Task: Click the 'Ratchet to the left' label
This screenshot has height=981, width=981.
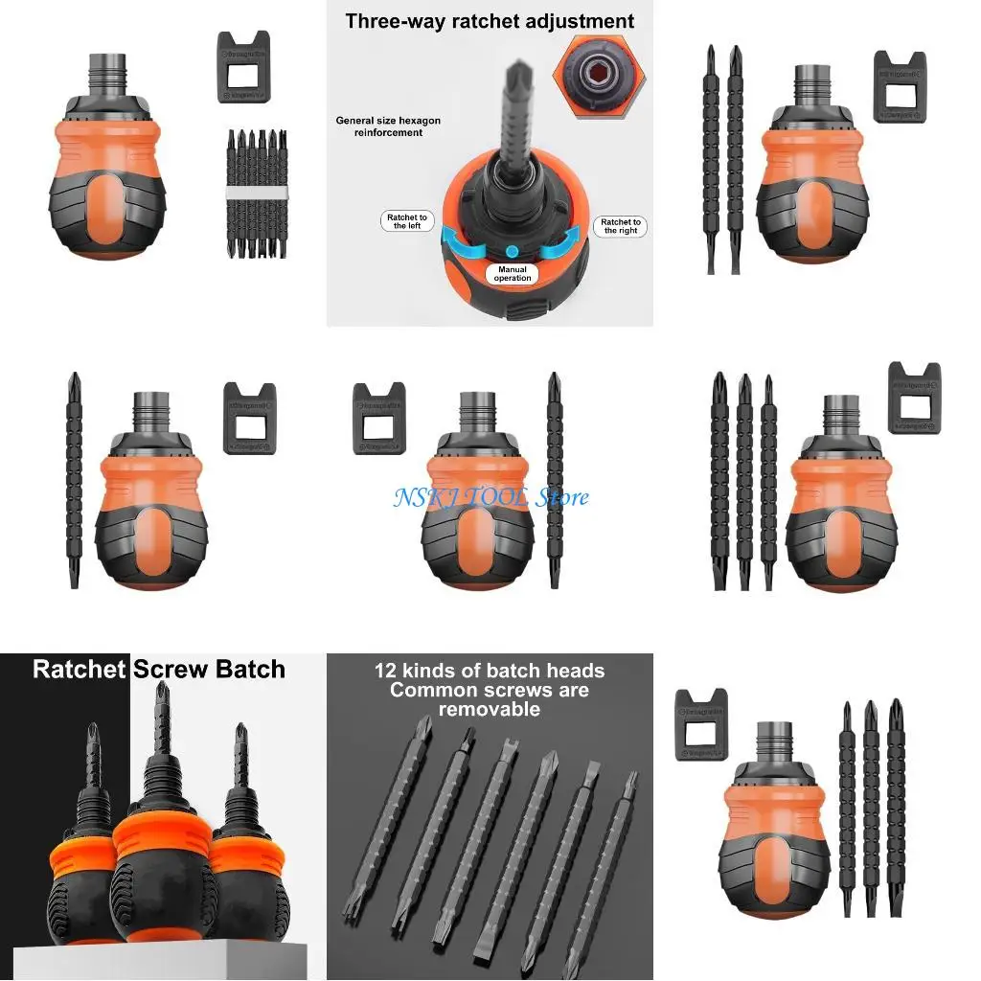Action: click(x=406, y=222)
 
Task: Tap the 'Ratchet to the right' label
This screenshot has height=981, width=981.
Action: click(x=621, y=226)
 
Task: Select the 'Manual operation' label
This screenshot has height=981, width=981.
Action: click(x=513, y=274)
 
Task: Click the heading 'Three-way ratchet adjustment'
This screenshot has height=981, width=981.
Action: click(x=490, y=21)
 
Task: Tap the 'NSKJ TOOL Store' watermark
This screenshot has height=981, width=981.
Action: click(x=490, y=497)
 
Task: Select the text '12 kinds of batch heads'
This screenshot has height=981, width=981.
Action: click(x=490, y=671)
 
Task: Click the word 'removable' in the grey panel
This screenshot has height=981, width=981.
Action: click(x=490, y=710)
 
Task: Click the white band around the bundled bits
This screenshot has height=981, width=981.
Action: click(x=256, y=194)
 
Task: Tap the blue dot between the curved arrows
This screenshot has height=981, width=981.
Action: click(x=513, y=251)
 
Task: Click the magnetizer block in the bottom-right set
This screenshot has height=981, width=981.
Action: click(x=701, y=724)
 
